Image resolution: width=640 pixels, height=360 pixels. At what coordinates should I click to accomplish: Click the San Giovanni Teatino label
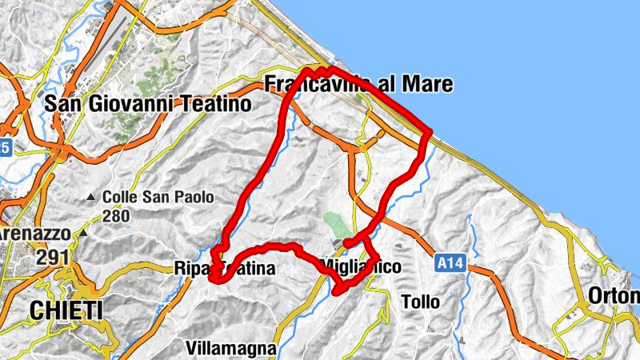click(148, 103)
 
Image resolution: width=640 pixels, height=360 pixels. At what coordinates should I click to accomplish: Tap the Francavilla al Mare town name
click(358, 84)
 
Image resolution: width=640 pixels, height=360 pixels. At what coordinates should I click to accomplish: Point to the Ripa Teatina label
click(224, 270)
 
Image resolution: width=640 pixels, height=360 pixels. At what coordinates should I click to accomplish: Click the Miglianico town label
click(359, 266)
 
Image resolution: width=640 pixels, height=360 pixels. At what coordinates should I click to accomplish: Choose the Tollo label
click(421, 302)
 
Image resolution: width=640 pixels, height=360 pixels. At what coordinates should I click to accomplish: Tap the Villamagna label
click(231, 348)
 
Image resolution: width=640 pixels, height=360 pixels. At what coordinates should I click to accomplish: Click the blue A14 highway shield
click(451, 262)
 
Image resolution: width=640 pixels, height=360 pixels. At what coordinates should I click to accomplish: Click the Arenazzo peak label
click(36, 234)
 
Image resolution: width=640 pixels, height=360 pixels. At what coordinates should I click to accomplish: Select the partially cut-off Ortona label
click(614, 296)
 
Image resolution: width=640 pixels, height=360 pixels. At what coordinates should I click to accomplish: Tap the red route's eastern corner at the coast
click(430, 130)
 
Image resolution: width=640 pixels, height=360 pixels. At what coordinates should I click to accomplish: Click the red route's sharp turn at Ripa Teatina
click(213, 278)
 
